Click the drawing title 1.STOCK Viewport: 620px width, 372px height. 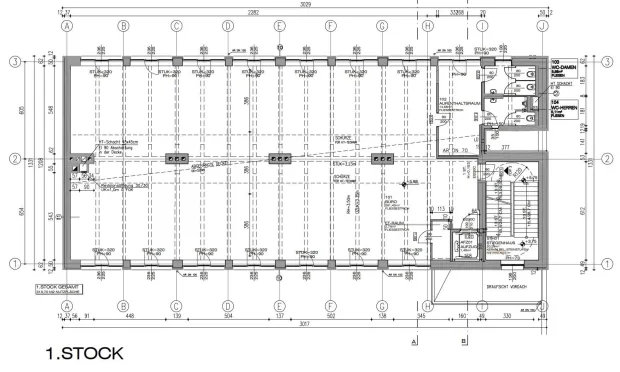[x=85, y=354]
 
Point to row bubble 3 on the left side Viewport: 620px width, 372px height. [x=15, y=62]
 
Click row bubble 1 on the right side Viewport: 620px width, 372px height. [x=605, y=263]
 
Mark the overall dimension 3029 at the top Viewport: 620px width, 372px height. [x=306, y=5]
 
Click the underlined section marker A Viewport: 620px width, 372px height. [x=413, y=340]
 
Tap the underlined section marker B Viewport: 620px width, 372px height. [x=465, y=340]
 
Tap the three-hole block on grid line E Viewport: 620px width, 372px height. [x=279, y=158]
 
